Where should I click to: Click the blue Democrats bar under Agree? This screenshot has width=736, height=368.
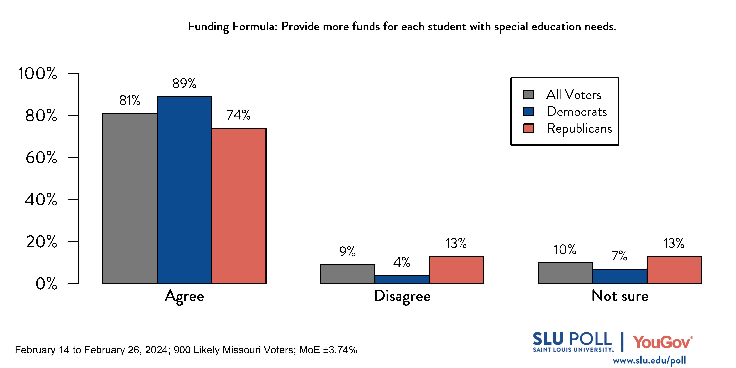184,190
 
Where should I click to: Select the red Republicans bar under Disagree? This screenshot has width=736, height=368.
456,270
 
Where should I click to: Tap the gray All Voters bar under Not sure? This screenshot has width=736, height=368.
565,273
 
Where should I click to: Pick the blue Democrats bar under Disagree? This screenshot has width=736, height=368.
402,279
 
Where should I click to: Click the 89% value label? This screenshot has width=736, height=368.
184,83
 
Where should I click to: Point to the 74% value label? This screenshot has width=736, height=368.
239,115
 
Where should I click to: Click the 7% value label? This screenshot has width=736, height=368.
619,256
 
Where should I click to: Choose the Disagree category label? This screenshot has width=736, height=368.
402,296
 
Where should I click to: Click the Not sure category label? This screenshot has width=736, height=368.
620,296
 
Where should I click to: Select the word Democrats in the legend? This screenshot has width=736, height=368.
577,111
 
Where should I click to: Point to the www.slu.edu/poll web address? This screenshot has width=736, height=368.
649,361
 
